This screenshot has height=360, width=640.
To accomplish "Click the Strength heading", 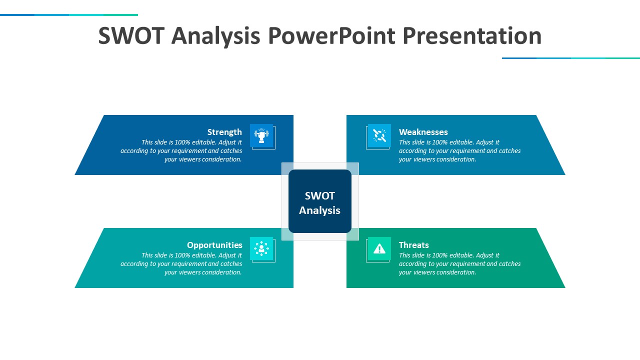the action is [224, 132].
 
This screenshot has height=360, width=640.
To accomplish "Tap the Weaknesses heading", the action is [423, 132].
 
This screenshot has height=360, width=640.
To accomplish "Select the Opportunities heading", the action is [214, 245].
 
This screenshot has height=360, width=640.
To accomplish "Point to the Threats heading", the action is [413, 245].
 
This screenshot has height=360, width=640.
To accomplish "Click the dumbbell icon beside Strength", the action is [261, 135].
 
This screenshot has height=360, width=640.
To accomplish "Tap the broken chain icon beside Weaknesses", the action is [379, 135].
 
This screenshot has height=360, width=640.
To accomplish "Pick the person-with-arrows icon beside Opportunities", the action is [261, 248].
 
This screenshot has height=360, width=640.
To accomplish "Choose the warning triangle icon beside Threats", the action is [379, 248].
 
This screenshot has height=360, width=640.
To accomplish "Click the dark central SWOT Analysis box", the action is [319, 201].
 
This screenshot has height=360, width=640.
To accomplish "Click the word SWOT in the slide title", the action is [131, 36].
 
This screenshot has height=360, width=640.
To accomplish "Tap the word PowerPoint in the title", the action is [331, 36].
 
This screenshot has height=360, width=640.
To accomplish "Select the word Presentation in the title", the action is [472, 36].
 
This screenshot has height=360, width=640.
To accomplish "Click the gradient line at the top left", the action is [69, 15].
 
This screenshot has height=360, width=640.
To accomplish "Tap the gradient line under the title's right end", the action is [571, 58].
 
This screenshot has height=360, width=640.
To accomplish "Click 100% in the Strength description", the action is [182, 142].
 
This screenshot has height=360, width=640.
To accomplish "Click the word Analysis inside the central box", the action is [319, 210].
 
